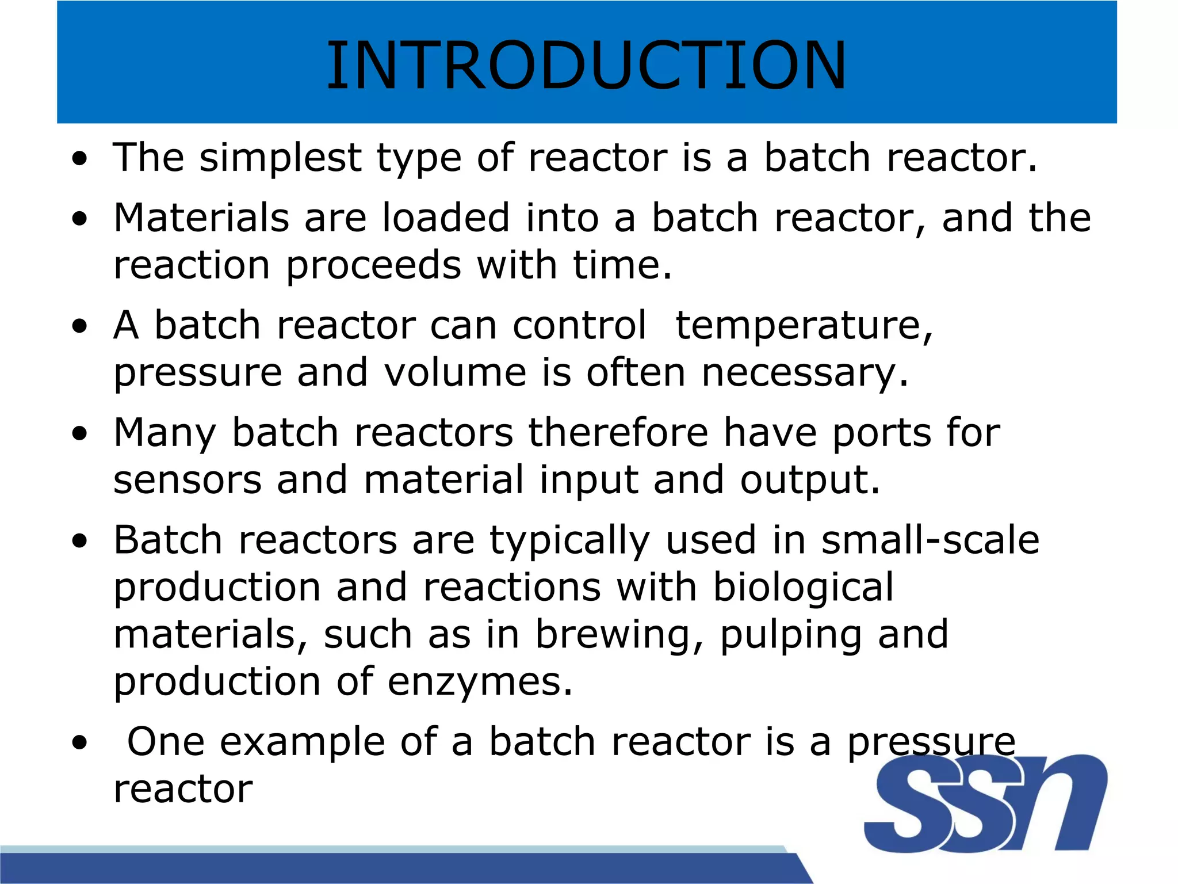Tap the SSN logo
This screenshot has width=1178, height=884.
pyautogui.click(x=985, y=804)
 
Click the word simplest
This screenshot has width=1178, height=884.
pyautogui.click(x=280, y=158)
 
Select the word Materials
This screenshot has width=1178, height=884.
pyautogui.click(x=201, y=218)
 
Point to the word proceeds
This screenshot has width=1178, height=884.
pyautogui.click(x=373, y=265)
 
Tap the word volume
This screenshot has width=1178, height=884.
pyautogui.click(x=455, y=372)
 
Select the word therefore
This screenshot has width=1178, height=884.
pyautogui.click(x=618, y=433)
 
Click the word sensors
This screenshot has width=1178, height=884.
pyautogui.click(x=187, y=480)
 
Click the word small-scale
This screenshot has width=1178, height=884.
pyautogui.click(x=930, y=540)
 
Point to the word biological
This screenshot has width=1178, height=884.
pyautogui.click(x=803, y=588)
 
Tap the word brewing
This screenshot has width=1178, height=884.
pyautogui.click(x=612, y=635)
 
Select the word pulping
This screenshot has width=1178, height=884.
pyautogui.click(x=790, y=635)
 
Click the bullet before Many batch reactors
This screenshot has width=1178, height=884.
pyautogui.click(x=80, y=433)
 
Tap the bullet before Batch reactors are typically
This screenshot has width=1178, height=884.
pyautogui.click(x=80, y=541)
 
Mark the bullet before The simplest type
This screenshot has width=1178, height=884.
pyautogui.click(x=80, y=158)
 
